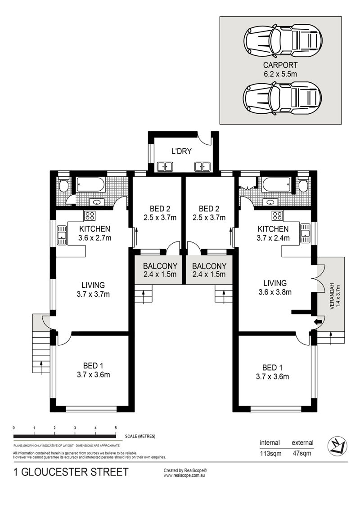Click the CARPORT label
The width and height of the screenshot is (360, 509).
click(x=280, y=65)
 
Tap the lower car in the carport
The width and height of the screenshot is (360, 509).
click(x=283, y=98)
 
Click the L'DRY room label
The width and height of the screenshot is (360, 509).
click(x=182, y=151)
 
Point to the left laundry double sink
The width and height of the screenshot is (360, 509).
click(x=165, y=166)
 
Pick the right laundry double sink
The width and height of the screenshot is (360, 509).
click(x=202, y=166)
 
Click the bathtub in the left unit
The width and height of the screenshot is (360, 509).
click(x=90, y=185)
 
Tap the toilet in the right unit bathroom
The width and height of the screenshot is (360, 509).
click(x=303, y=185)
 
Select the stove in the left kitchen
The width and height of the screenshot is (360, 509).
click(x=90, y=216)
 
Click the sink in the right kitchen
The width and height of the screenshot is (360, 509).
click(x=306, y=233)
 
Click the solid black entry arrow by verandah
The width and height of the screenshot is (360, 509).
click(x=318, y=321)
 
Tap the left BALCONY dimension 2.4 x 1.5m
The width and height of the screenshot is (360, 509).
click(x=160, y=275)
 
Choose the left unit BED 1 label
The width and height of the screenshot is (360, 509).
click(x=93, y=366)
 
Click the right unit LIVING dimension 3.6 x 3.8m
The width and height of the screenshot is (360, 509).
click(x=275, y=292)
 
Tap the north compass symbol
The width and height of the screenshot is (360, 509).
click(x=337, y=446)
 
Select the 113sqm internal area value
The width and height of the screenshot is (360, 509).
click(x=270, y=453)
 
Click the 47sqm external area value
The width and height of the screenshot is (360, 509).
click(x=302, y=453)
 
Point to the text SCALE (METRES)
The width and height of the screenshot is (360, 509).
click(x=140, y=436)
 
